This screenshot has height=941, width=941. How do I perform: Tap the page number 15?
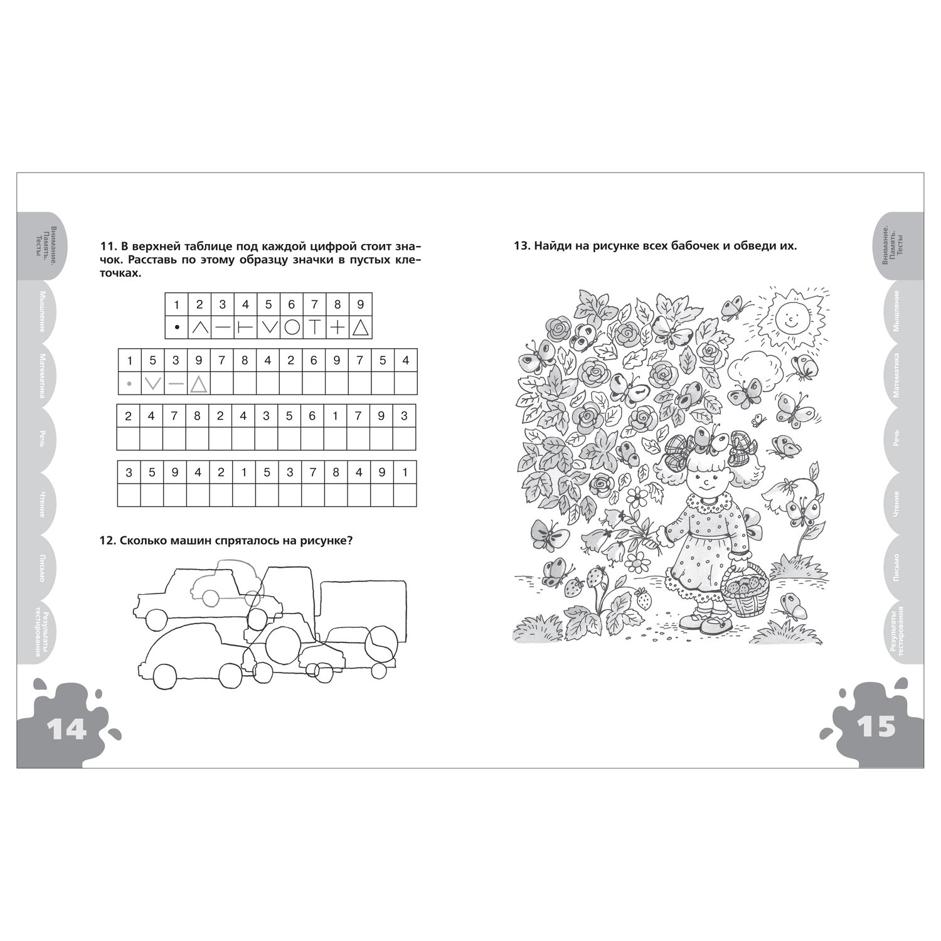[876, 728]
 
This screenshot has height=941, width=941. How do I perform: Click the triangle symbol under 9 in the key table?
[360, 327]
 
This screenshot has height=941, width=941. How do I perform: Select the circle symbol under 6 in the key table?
[292, 327]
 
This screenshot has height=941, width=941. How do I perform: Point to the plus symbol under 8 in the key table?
[338, 327]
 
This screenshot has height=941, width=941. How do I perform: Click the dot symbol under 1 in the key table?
[177, 327]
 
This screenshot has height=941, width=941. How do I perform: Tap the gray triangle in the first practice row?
[198, 383]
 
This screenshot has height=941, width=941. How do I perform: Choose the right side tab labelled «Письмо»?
[899, 568]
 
